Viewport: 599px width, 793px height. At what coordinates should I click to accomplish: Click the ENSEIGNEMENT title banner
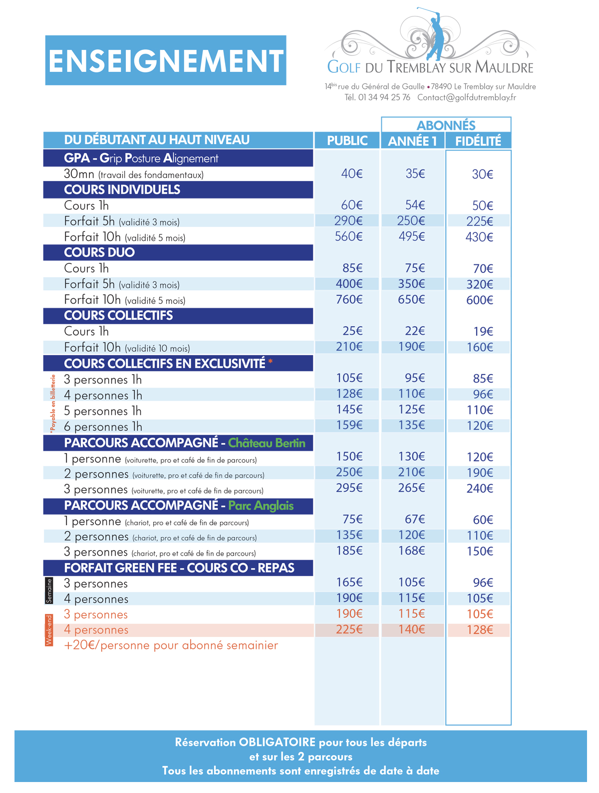click(165, 60)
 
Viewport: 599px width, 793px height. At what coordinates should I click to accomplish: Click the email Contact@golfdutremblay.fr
click(466, 97)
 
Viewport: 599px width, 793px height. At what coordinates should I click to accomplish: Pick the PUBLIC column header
click(346, 140)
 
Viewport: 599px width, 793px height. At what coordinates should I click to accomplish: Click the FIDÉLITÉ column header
click(478, 141)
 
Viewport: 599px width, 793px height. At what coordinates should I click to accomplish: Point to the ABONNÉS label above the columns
click(445, 125)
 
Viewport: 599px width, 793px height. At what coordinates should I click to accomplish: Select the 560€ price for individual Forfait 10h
click(348, 236)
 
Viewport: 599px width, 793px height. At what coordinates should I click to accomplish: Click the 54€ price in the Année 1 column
click(414, 204)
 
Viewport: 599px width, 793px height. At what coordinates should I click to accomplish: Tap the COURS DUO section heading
click(99, 252)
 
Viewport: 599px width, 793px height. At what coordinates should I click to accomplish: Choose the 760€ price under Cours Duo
click(348, 299)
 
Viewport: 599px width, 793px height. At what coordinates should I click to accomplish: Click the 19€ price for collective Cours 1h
click(483, 331)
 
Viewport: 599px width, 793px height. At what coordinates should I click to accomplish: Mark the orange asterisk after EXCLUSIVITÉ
click(270, 361)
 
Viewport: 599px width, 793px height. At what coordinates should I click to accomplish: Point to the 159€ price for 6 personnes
click(349, 424)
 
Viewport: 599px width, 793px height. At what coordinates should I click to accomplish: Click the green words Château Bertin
click(267, 442)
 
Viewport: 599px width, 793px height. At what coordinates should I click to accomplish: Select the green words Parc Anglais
click(261, 505)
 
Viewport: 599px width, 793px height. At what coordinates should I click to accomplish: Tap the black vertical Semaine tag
click(49, 591)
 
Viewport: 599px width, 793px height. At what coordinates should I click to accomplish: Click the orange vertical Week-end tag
click(49, 630)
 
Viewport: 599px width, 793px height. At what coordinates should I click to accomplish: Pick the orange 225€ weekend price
click(349, 629)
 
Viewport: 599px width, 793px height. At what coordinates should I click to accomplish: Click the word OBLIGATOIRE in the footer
click(277, 742)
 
